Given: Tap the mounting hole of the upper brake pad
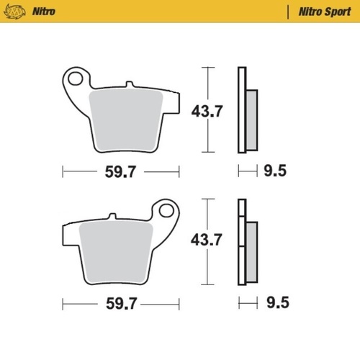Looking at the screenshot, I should click(75, 77).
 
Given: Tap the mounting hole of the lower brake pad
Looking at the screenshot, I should click(168, 212).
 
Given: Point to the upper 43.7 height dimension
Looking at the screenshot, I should click(207, 112).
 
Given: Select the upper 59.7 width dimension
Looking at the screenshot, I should click(121, 173).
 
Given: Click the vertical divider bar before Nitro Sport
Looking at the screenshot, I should click(289, 12).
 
